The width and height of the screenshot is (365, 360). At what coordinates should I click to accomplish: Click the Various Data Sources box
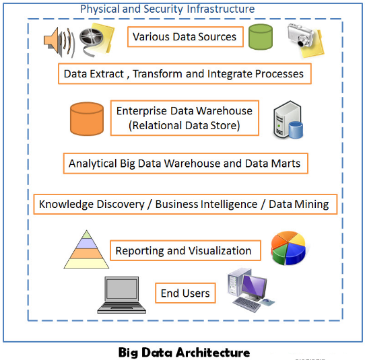(x=185, y=36)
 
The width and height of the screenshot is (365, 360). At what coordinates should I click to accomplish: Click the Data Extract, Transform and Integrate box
(x=183, y=73)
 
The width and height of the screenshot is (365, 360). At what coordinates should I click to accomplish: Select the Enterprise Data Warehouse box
(x=185, y=118)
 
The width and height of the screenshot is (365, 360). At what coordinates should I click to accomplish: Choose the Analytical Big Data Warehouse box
(x=184, y=163)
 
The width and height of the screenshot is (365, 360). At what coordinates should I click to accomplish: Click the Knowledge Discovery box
(x=184, y=204)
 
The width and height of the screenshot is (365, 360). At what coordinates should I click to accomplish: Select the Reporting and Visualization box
(x=183, y=251)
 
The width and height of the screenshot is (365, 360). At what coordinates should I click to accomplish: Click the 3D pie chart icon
(x=290, y=248)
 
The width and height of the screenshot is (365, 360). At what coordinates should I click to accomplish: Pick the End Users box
(x=185, y=293)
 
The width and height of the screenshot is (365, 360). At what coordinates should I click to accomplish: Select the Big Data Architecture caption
(x=184, y=352)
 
